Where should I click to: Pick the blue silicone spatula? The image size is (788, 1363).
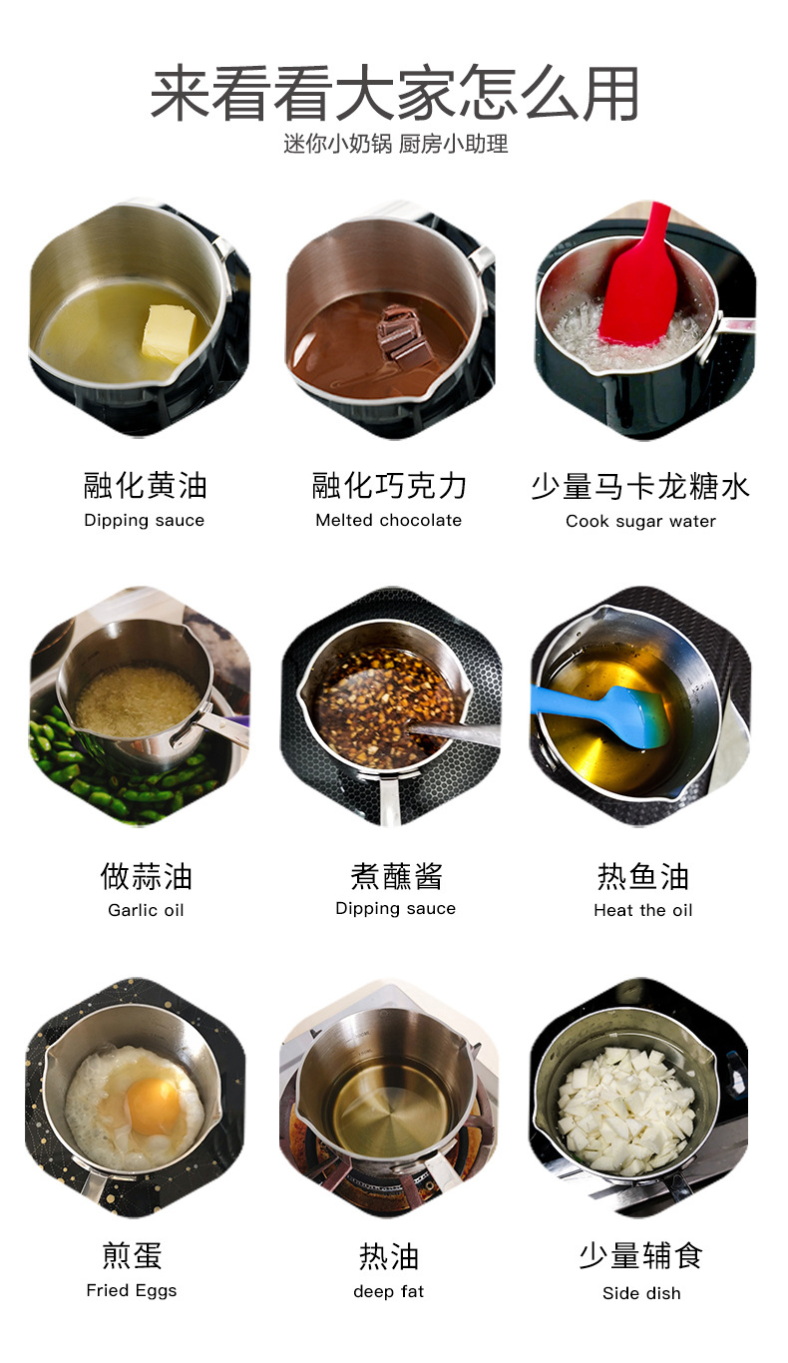tap(608, 710)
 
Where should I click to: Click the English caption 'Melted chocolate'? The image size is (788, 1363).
tap(388, 520)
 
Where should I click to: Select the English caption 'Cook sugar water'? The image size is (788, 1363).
tap(640, 521)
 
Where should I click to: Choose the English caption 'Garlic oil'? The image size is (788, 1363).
tap(146, 910)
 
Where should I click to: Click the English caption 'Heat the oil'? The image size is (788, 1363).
tap(642, 910)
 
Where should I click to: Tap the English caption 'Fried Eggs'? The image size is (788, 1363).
tap(131, 1290)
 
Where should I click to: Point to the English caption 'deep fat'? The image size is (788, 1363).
tap(388, 1291)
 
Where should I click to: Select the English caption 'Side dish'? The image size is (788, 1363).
tap(641, 1293)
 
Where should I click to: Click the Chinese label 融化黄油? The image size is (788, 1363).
tap(145, 486)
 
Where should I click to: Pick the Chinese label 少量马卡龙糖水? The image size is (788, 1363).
tap(639, 487)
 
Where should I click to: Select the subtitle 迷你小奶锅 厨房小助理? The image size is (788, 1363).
tap(395, 144)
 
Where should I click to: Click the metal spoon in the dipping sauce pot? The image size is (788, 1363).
tap(454, 733)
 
